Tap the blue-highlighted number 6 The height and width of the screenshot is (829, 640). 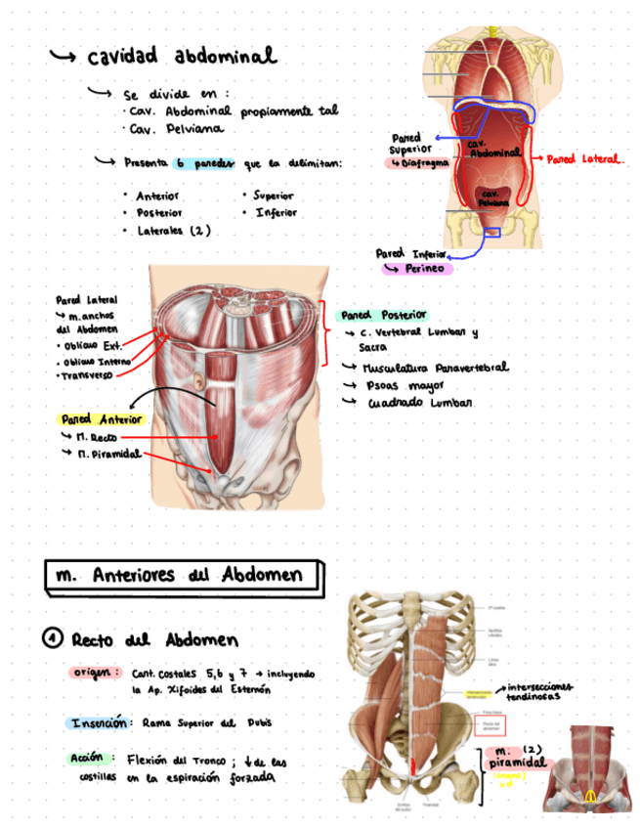point(182,162)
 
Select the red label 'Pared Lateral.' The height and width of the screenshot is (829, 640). point(585,157)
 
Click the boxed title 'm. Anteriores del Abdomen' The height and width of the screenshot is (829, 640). point(186,576)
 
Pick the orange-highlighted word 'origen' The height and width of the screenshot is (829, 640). point(95,673)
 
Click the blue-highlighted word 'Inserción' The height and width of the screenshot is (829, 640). point(98,723)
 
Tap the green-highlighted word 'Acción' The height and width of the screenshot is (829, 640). point(87,758)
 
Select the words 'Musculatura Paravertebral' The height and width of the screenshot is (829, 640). point(435,368)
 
